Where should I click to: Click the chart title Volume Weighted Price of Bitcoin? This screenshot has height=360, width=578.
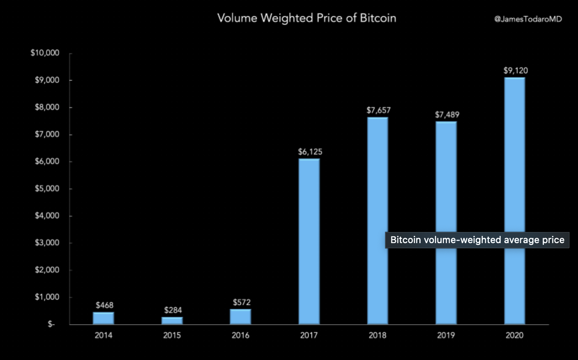pyautogui.click(x=306, y=18)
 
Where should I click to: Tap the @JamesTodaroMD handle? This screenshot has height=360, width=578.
pyautogui.click(x=528, y=19)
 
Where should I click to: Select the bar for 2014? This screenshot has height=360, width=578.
pyautogui.click(x=104, y=318)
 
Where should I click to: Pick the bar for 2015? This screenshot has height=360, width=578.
pyautogui.click(x=172, y=320)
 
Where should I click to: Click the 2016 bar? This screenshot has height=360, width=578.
pyautogui.click(x=241, y=316)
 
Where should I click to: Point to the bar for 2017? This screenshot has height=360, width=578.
pyautogui.click(x=309, y=241)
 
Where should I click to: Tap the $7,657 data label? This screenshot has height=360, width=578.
pyautogui.click(x=379, y=110)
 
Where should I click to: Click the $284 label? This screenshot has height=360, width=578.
pyautogui.click(x=172, y=310)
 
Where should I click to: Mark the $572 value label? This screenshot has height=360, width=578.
pyautogui.click(x=242, y=302)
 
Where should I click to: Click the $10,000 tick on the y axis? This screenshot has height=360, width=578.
pyautogui.click(x=45, y=53)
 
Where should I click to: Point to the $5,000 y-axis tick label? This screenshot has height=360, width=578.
pyautogui.click(x=46, y=189)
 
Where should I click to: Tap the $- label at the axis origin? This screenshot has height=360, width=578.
pyautogui.click(x=51, y=324)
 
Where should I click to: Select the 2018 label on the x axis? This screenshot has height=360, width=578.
pyautogui.click(x=378, y=335)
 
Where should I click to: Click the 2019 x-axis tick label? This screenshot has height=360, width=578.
pyautogui.click(x=446, y=335)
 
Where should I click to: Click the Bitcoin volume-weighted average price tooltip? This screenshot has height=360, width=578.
pyautogui.click(x=477, y=240)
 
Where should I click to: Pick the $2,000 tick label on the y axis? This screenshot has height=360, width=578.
pyautogui.click(x=46, y=270)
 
